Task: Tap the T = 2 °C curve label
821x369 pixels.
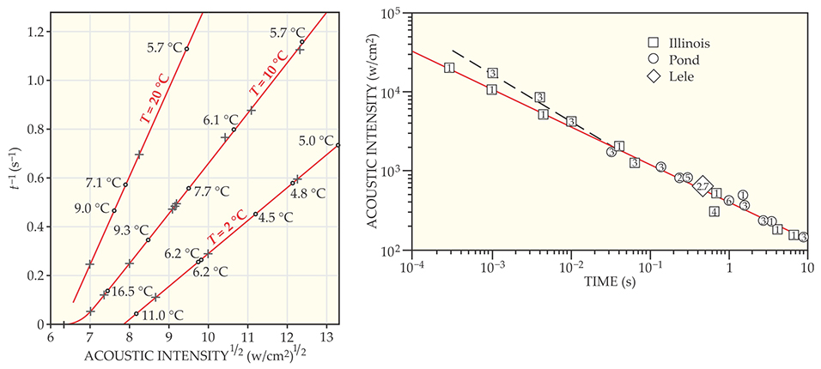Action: click(222, 233)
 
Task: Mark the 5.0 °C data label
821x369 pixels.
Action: click(314, 140)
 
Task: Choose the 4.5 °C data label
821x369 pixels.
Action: click(274, 217)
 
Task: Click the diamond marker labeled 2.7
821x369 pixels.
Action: click(702, 186)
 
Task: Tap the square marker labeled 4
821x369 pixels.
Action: click(715, 211)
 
